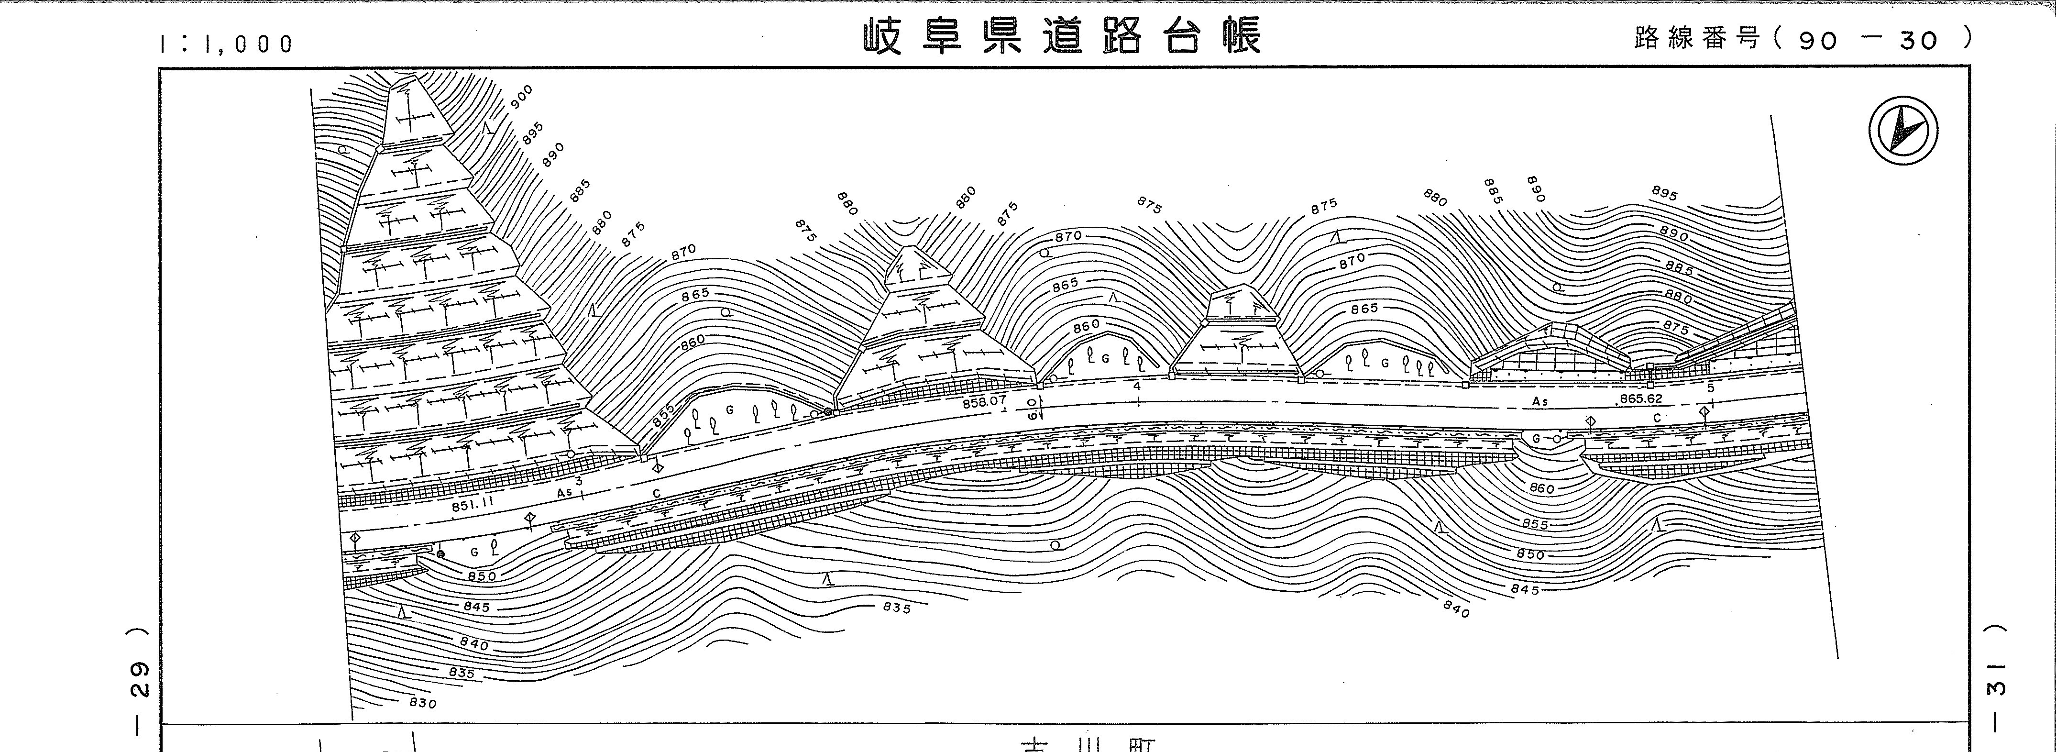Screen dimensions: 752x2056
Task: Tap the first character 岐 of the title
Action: pos(883,37)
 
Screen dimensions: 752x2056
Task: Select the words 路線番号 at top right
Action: pos(1695,37)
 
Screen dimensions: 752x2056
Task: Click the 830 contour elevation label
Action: pos(422,703)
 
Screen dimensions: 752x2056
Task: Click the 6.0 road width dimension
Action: pos(1032,409)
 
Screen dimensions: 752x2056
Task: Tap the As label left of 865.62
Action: pos(1539,401)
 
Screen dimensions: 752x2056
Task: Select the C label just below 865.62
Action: pos(1657,418)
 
